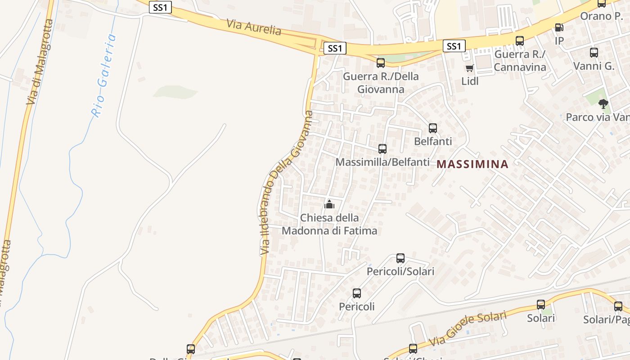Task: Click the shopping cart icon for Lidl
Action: pyautogui.click(x=470, y=68)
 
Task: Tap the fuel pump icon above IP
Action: pyautogui.click(x=559, y=27)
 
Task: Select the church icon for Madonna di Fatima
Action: pyautogui.click(x=329, y=205)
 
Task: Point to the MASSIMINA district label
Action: pyautogui.click(x=472, y=164)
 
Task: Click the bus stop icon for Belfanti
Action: pyautogui.click(x=433, y=128)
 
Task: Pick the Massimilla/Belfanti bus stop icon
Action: pyautogui.click(x=382, y=148)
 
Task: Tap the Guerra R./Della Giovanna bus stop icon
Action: pyautogui.click(x=381, y=63)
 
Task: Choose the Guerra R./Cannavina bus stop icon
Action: pyautogui.click(x=520, y=41)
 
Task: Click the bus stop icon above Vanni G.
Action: pyautogui.click(x=594, y=53)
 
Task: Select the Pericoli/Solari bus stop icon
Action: pyautogui.click(x=400, y=258)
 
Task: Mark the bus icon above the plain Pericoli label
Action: pyautogui.click(x=357, y=293)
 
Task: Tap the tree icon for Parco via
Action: pyautogui.click(x=603, y=104)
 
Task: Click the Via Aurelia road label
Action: pyautogui.click(x=254, y=27)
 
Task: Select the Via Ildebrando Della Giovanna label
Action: pyautogui.click(x=287, y=182)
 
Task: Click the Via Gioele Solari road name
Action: pyautogui.click(x=468, y=329)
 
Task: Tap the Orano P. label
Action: pyautogui.click(x=601, y=16)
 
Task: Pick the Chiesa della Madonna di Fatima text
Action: pyautogui.click(x=329, y=224)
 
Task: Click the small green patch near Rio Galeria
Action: pyautogui.click(x=175, y=92)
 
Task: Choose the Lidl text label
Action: pyautogui.click(x=470, y=81)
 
